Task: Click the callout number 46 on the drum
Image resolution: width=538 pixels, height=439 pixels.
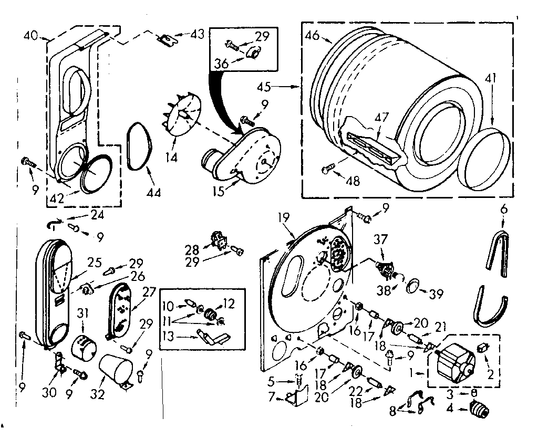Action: coord(313,36)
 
